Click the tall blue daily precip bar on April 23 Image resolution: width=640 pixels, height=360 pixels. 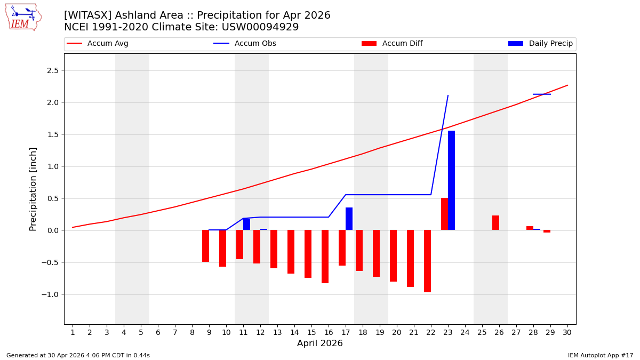[x=451, y=180]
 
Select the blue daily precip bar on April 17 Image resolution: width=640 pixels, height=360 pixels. [x=349, y=219]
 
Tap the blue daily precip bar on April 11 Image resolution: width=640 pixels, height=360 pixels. [x=246, y=224]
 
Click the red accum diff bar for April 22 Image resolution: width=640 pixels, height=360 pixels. [x=427, y=261]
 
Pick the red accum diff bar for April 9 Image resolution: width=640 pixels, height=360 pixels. [x=205, y=246]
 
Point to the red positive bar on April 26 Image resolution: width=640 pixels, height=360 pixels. [x=495, y=223]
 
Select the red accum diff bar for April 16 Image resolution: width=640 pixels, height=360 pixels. [x=325, y=257]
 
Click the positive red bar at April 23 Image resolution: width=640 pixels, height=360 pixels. [x=444, y=214]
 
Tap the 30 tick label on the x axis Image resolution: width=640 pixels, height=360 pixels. [x=567, y=332]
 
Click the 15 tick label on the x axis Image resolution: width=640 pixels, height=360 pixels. [x=311, y=332]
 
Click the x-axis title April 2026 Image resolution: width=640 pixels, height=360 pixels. [x=320, y=343]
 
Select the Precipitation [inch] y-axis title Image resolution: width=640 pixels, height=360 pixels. [x=33, y=189]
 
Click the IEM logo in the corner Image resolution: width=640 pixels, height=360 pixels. [x=23, y=17]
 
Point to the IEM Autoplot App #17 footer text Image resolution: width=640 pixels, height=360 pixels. [x=601, y=355]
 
